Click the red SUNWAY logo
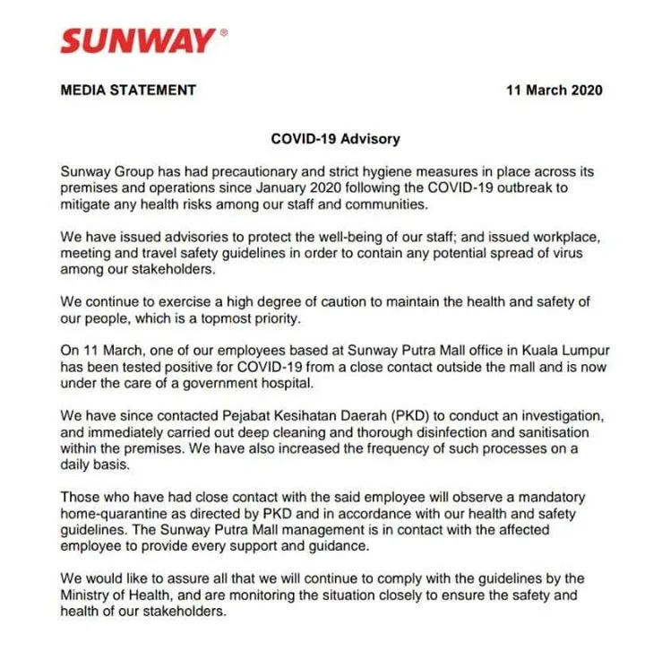point(137,40)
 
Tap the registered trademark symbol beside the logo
point(223,30)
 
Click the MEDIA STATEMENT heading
point(128,90)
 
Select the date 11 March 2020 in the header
point(554,90)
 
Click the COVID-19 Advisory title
point(335,139)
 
